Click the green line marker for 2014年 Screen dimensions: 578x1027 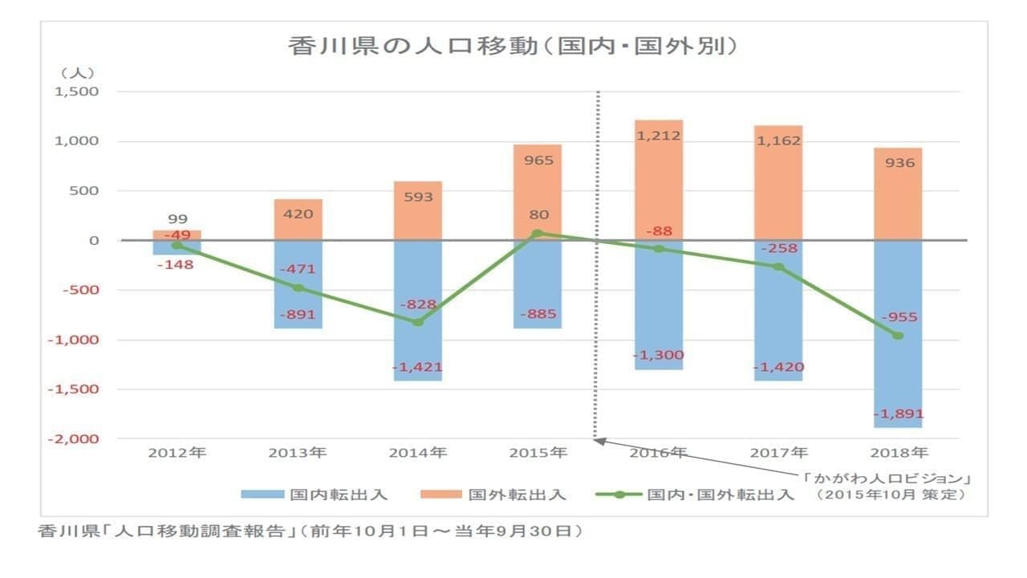pos(418,322)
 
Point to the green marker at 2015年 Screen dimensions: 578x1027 pos(538,233)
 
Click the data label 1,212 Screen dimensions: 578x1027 pos(659,136)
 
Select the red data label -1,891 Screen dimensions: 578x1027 pos(899,414)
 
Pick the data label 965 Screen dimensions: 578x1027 pos(538,161)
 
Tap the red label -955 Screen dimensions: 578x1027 pos(899,317)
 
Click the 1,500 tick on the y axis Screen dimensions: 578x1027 pos(76,92)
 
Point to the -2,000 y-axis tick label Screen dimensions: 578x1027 pos(74,439)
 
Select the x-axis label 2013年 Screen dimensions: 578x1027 pos(298,453)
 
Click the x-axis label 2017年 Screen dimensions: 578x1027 pos(778,453)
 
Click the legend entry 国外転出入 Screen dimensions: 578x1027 pos(497,495)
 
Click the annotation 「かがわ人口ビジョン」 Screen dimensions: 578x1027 pos(889,478)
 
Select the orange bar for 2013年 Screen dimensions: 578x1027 pos(298,219)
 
